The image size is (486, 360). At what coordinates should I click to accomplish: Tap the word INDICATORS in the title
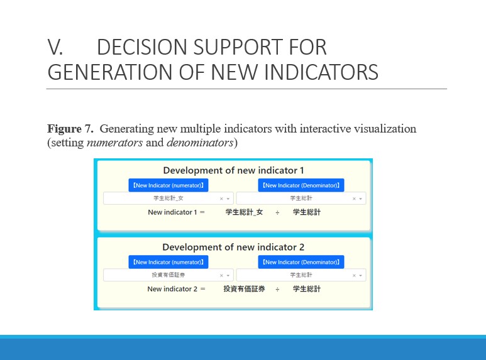[x=321, y=72]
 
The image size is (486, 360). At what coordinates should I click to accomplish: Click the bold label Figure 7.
[x=70, y=129]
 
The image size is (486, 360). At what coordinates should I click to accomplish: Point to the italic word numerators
[x=114, y=143]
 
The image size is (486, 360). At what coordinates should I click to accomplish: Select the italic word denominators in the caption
[x=200, y=143]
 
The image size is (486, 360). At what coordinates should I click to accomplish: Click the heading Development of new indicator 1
[x=233, y=170]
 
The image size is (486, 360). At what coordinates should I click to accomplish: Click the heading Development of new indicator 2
[x=233, y=248]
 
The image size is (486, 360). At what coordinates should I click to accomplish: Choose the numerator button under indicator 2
[x=168, y=262]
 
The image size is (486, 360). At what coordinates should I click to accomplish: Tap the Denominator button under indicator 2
[x=301, y=262]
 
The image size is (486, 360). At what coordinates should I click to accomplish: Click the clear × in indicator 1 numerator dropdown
[x=221, y=199]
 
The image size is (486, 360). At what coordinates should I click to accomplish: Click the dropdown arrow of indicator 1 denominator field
[x=360, y=199]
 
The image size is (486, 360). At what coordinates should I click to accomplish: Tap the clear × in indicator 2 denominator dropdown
[x=354, y=275]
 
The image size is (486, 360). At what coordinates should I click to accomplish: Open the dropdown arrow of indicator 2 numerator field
[x=228, y=275]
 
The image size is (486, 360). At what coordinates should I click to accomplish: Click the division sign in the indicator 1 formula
[x=277, y=212]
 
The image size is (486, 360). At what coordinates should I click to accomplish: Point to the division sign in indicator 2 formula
[x=277, y=290]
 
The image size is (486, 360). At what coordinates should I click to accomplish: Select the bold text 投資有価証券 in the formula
[x=244, y=289]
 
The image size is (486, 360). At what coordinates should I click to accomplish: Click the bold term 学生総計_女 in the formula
[x=244, y=212]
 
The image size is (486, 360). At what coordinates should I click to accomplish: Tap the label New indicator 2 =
[x=177, y=289]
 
